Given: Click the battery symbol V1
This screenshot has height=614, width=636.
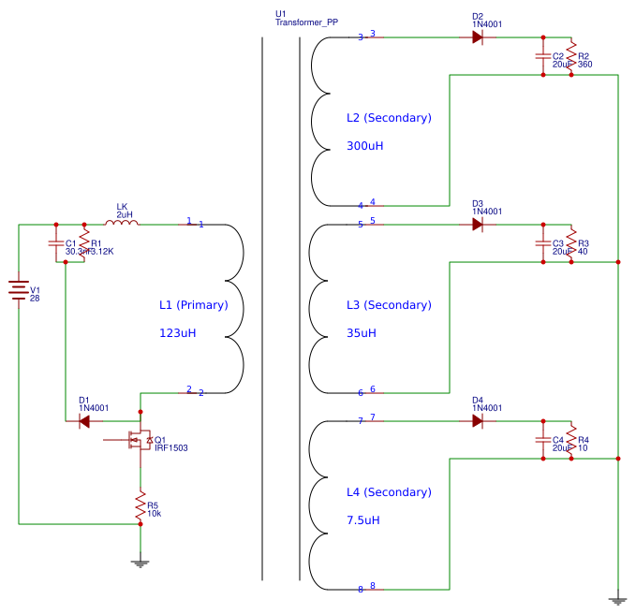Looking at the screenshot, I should click(x=19, y=290).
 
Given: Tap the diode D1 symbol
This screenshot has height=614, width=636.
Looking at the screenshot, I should click(x=84, y=421).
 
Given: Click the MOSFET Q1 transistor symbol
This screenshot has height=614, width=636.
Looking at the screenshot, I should click(x=139, y=440).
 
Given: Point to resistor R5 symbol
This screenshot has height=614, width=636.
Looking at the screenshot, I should click(x=141, y=505).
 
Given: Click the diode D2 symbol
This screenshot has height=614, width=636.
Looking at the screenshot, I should click(x=478, y=37).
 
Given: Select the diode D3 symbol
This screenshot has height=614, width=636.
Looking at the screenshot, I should click(x=478, y=225).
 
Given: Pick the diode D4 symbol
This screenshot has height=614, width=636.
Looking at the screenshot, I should click(x=478, y=421).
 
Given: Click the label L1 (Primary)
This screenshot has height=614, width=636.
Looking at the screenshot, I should click(x=192, y=305).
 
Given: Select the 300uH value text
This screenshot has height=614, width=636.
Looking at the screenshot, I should click(x=364, y=146).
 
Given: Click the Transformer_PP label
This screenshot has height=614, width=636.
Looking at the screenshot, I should click(x=306, y=22).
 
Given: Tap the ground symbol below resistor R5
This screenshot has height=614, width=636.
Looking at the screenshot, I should click(x=141, y=563).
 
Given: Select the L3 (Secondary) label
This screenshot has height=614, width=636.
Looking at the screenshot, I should click(x=389, y=305).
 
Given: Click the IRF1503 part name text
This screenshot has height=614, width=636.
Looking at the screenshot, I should click(x=171, y=448).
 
